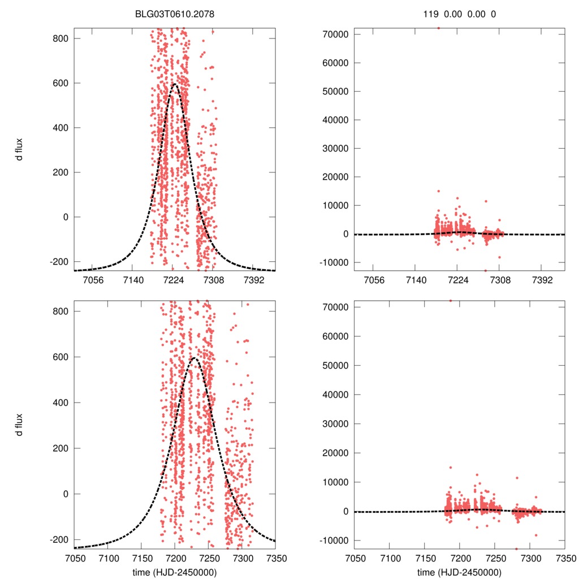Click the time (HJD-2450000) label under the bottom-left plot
[175, 572]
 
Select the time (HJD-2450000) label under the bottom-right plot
[460, 572]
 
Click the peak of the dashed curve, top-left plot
[174, 84]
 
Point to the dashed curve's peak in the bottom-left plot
[195, 357]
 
